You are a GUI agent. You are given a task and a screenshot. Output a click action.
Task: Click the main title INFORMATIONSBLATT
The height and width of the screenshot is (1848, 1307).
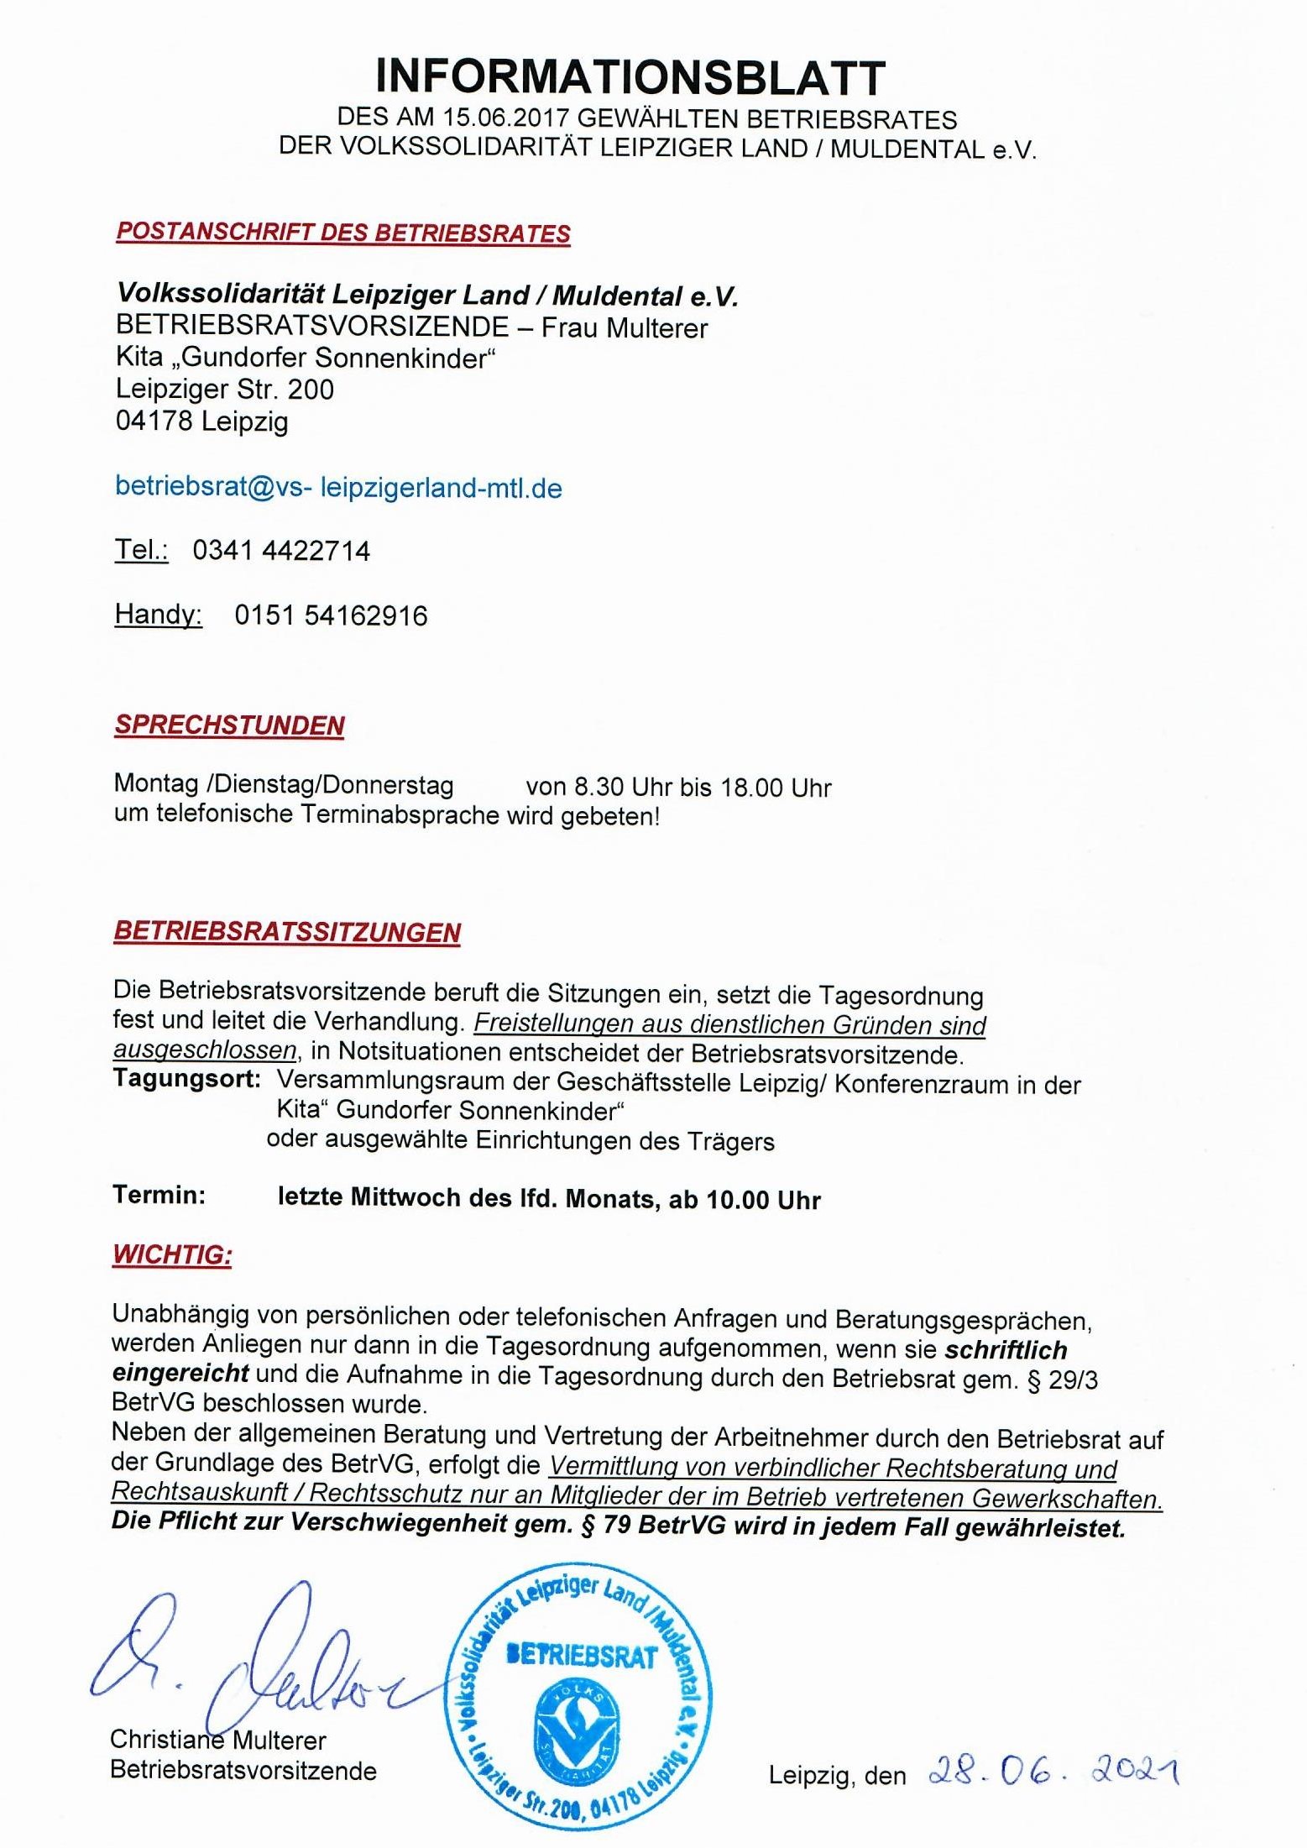click(630, 77)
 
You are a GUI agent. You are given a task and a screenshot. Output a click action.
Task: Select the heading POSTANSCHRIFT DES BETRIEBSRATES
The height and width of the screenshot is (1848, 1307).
click(343, 233)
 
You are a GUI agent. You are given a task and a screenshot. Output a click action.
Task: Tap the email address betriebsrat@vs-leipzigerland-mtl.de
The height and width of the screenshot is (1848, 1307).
click(338, 488)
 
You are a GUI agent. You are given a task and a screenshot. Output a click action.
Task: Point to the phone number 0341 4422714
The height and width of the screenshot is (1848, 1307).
click(281, 551)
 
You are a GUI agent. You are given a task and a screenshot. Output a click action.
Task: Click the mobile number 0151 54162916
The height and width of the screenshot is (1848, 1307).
click(331, 615)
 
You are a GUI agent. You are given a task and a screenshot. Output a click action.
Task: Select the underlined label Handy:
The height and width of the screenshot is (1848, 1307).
click(158, 615)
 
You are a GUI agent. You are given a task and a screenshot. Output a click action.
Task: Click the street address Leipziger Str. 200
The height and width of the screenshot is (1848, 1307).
click(224, 390)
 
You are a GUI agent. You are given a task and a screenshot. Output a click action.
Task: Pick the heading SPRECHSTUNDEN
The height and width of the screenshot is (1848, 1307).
click(229, 725)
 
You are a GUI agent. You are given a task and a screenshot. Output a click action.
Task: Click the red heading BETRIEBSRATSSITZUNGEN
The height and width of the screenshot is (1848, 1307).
click(287, 932)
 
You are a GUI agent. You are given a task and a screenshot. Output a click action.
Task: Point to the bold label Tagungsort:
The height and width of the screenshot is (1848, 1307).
click(186, 1079)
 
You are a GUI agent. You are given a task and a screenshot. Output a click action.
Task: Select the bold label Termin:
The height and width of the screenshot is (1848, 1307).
click(159, 1195)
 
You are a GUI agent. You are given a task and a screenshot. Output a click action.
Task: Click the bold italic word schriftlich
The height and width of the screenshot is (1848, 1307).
click(1006, 1350)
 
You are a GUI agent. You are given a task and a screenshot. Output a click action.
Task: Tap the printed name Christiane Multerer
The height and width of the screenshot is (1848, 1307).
click(217, 1740)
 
